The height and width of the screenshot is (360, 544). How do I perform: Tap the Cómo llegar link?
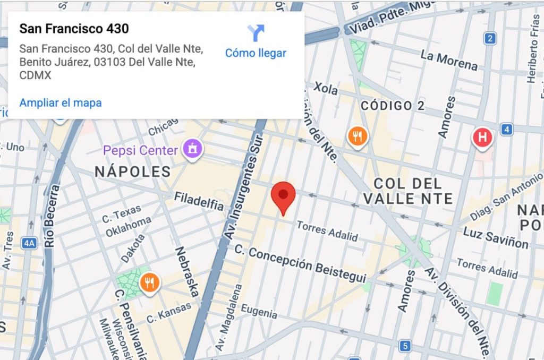click(256, 53)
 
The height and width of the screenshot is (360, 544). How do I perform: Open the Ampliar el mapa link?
click(61, 102)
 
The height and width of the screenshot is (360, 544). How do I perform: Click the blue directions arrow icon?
click(256, 33)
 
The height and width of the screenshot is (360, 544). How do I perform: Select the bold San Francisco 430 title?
click(74, 29)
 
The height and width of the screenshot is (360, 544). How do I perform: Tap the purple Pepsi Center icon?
click(192, 150)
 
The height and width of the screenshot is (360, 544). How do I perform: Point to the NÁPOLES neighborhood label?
click(133, 172)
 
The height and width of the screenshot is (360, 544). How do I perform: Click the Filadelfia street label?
click(199, 201)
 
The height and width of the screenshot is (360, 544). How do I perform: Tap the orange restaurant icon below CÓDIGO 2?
click(358, 136)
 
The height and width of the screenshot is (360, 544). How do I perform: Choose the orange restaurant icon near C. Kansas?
click(150, 283)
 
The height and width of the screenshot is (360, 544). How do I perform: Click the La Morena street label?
click(449, 60)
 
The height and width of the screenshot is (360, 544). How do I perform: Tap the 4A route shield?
click(29, 243)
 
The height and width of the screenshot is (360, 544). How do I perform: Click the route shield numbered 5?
click(405, 346)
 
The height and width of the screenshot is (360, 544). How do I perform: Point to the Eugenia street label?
click(259, 311)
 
